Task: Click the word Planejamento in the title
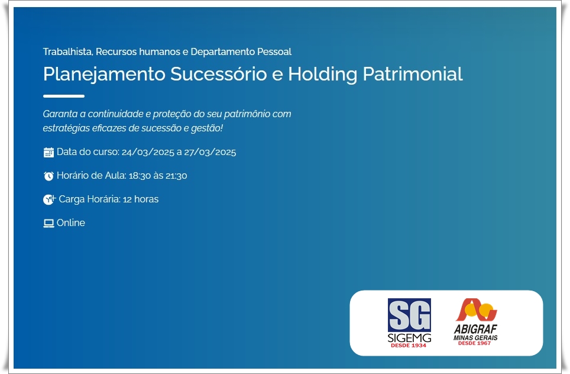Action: point(104,74)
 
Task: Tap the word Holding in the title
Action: point(322,74)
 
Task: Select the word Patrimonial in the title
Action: point(413,74)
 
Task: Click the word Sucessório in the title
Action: point(218,74)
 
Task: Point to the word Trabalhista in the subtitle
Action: point(68,51)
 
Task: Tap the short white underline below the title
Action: point(64,96)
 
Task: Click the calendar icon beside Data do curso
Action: point(48,153)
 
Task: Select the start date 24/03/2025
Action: point(148,152)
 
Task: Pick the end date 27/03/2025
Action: point(210,152)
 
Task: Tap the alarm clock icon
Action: point(48,176)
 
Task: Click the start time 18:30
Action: point(140,176)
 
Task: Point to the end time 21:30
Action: point(176,176)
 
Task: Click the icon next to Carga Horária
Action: point(49,199)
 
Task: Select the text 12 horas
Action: point(141,199)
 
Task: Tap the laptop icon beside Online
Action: point(48,223)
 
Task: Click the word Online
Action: point(71,223)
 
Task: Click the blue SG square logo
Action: point(409,315)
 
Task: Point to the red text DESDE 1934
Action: point(409,345)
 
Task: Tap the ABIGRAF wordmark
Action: point(475,329)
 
